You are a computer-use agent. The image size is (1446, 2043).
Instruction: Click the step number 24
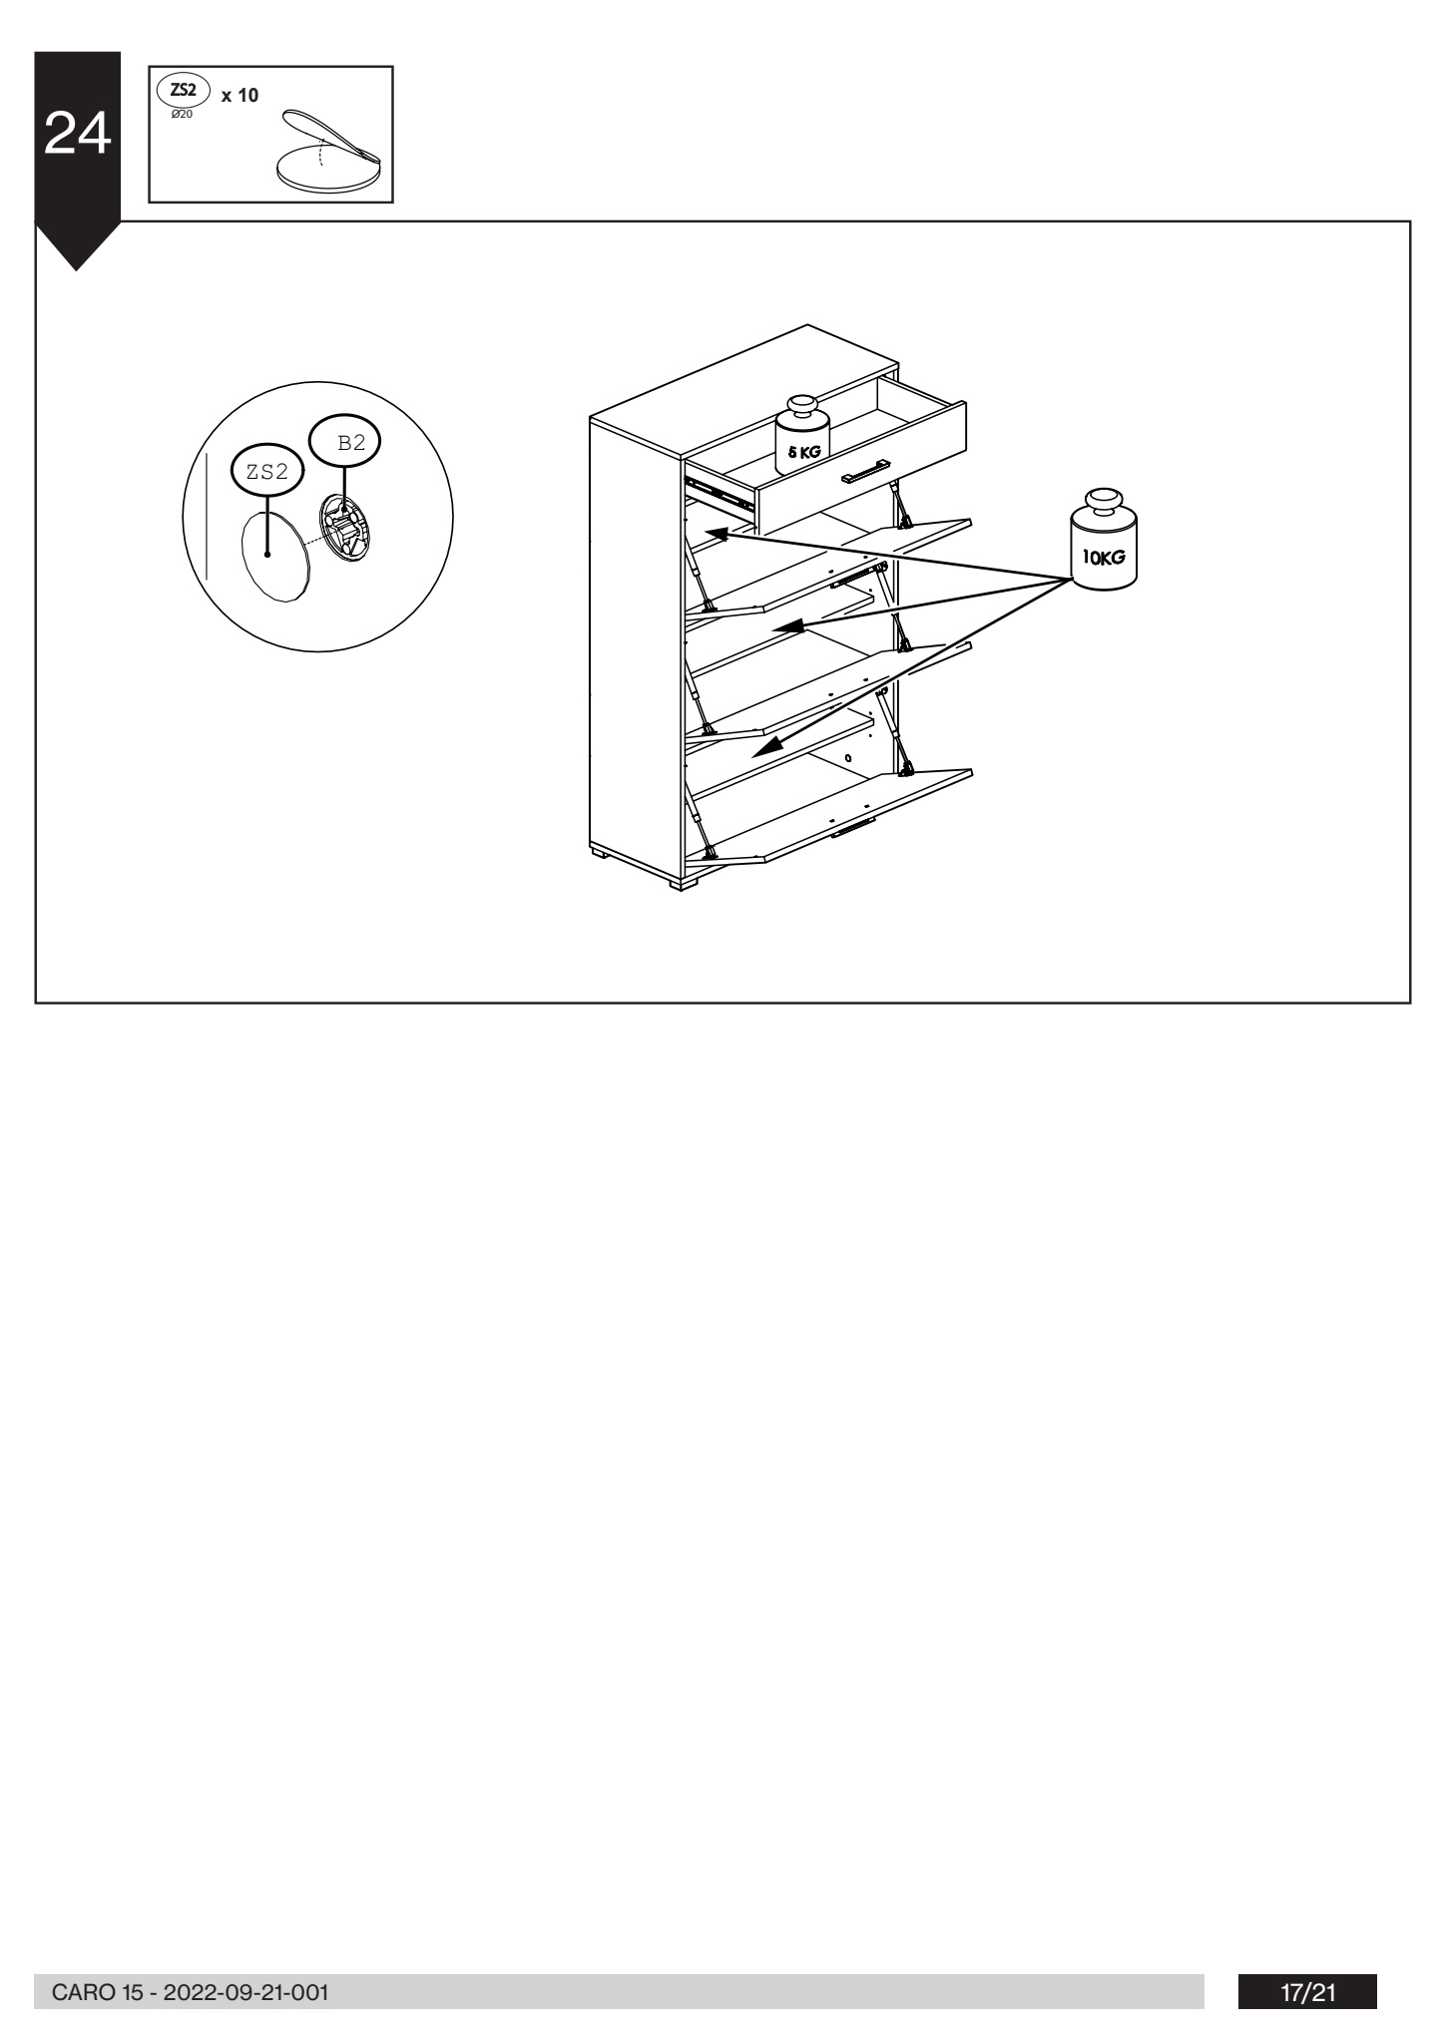click(78, 135)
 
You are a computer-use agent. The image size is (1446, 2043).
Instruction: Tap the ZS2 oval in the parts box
click(184, 90)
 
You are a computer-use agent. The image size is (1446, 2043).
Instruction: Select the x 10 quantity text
click(240, 96)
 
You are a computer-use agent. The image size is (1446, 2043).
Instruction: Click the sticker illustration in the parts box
click(329, 151)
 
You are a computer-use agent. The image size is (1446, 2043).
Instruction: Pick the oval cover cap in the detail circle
click(274, 555)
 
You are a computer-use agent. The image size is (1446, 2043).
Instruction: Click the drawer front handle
click(864, 472)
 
